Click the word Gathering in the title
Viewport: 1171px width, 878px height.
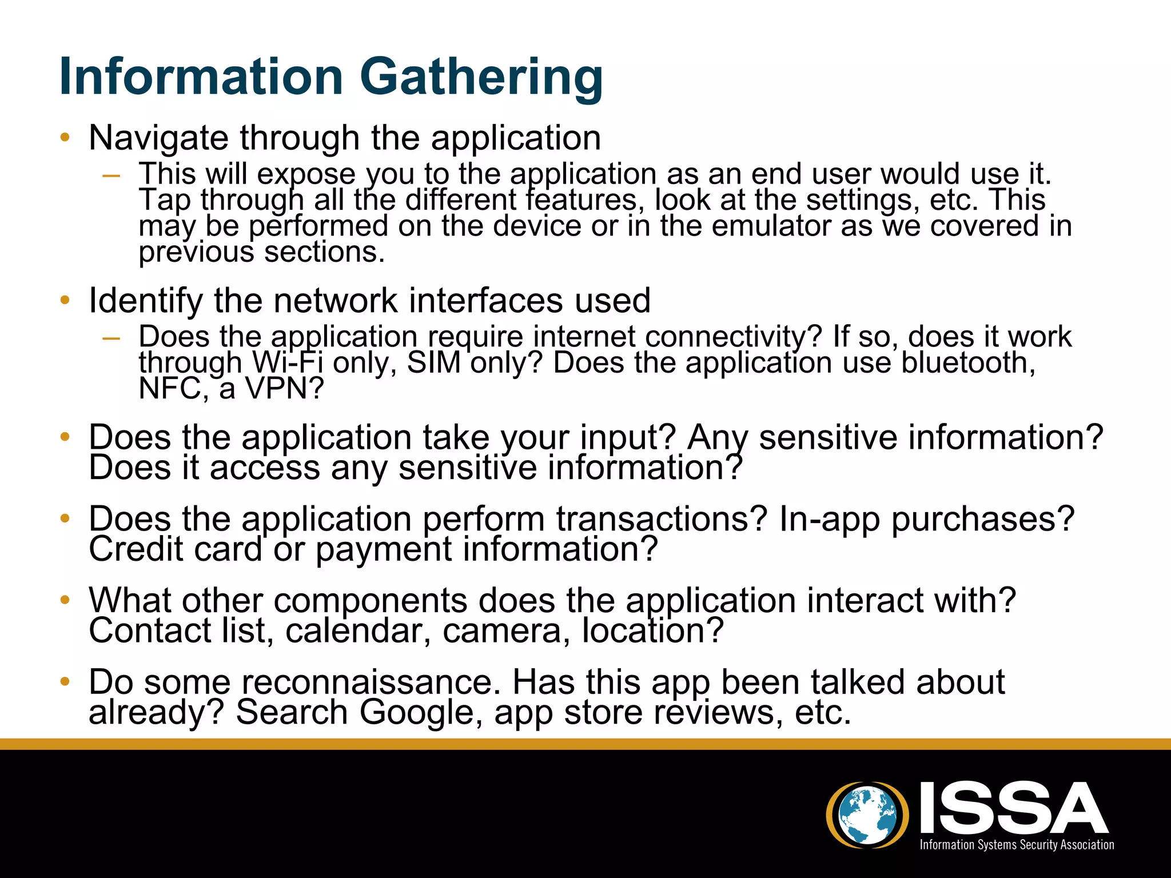481,78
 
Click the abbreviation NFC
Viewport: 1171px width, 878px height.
170,389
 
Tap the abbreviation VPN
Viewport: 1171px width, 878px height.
284,389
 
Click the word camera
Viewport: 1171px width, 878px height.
506,630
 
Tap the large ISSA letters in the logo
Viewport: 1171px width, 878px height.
1013,808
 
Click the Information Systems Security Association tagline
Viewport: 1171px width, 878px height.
1016,845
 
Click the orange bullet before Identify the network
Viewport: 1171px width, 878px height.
65,300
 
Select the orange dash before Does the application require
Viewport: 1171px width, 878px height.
111,338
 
